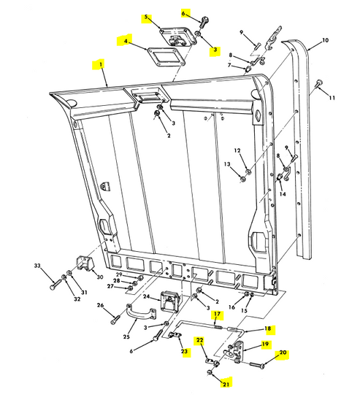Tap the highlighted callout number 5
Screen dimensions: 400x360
tap(145, 16)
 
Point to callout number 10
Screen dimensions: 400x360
tap(325, 40)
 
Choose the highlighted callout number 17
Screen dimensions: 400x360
tap(217, 316)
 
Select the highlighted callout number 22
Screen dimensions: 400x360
tap(199, 340)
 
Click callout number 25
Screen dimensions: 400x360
tap(126, 337)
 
